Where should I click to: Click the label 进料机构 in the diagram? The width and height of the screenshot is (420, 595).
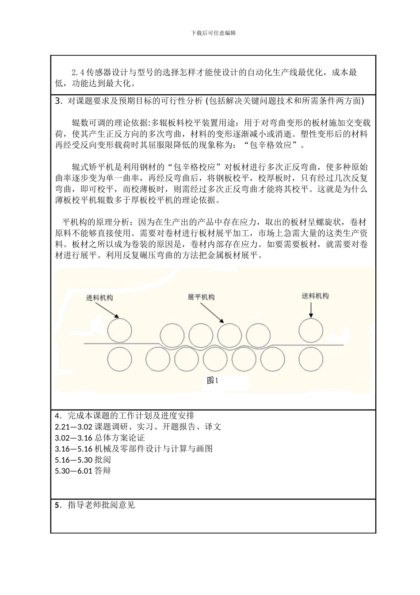point(99,298)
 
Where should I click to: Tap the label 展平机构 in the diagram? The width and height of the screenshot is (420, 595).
point(201,297)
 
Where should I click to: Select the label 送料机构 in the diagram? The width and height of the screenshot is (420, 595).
point(315,296)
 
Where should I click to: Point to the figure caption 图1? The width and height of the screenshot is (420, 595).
point(213,380)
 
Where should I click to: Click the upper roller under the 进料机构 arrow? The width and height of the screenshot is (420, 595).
point(119,330)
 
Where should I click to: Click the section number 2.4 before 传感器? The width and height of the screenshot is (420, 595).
point(78,72)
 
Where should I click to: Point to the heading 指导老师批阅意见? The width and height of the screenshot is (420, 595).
point(101,505)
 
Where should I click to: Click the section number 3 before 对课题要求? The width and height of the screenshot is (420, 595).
point(58,101)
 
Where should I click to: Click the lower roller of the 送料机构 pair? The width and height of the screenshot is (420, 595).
point(311,359)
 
